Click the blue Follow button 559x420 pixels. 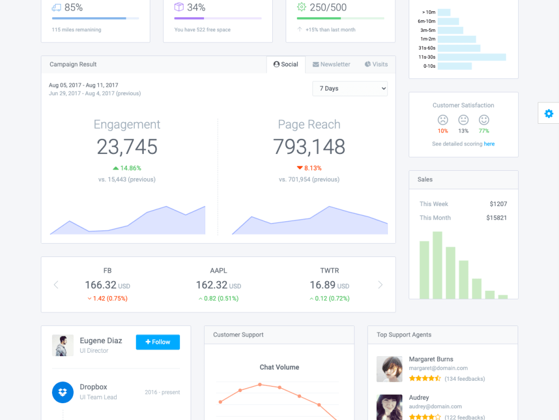coord(158,342)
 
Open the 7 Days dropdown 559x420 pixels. coord(350,88)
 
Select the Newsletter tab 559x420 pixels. coord(331,64)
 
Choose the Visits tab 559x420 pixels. coord(376,64)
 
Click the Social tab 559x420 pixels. coord(286,64)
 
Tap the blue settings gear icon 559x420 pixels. coord(548,114)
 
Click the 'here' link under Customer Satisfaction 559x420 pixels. coord(489,144)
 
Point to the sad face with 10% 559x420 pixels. coord(443,120)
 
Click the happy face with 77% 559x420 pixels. coord(484,120)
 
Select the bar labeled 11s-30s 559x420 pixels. coord(472,57)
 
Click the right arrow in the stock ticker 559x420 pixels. coord(380,285)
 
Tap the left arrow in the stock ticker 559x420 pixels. coord(56,285)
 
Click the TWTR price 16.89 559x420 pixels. coord(323,285)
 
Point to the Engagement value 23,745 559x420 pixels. coord(127,147)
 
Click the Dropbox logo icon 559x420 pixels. coord(63,392)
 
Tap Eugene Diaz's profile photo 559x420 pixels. coord(63,346)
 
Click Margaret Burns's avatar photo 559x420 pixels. coord(390,369)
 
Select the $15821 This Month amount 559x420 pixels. coord(496,218)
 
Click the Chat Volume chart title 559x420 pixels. coord(279,367)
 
